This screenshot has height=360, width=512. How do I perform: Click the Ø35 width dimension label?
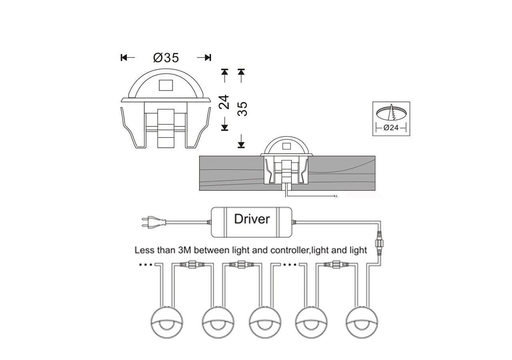[166, 58]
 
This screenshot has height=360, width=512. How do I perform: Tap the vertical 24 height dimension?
[224, 102]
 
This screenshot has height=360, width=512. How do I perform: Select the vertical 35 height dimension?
[242, 109]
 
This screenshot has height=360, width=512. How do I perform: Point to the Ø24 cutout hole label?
[391, 128]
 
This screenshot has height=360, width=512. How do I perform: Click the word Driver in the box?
[252, 219]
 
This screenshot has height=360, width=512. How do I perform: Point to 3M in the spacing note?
[185, 250]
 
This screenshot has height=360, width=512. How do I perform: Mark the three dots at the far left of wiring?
[146, 265]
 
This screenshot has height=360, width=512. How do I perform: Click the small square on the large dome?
[166, 85]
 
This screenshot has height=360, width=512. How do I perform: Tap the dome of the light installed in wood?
[285, 146]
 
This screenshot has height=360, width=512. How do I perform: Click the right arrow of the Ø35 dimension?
[204, 58]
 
